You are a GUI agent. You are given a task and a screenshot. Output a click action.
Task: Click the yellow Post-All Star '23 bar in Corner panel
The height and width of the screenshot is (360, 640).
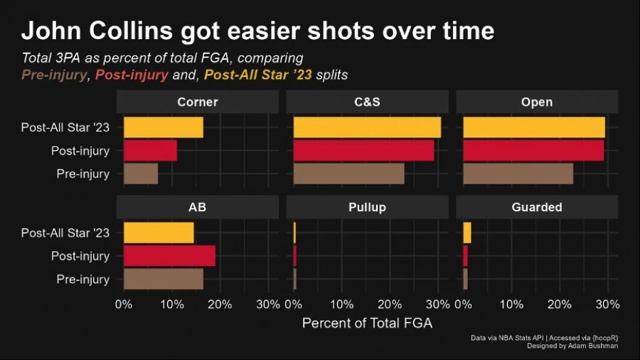coord(163,127)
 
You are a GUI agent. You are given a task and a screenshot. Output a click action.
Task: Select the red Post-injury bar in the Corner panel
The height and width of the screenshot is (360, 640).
coord(150,151)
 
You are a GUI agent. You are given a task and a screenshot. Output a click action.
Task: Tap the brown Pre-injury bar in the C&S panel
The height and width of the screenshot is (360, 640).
coord(348,174)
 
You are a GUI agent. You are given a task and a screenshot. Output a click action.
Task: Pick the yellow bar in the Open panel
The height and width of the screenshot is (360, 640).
coord(534,127)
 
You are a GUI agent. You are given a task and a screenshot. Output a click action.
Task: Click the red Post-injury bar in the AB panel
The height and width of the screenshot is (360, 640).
coord(169,256)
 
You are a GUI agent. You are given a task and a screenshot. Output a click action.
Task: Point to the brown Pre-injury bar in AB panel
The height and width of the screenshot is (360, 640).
coord(163,279)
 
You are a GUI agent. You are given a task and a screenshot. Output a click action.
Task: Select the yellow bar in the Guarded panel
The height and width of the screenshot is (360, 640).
coord(467,233)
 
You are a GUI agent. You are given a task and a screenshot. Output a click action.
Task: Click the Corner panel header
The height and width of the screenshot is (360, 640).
coord(198,102)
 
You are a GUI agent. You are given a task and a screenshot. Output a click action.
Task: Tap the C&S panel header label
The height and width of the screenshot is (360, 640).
coord(367,102)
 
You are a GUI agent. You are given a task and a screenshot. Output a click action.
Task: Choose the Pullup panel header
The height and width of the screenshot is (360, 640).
coord(367,207)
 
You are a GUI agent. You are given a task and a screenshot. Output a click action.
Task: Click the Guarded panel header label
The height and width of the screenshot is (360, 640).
coord(537,207)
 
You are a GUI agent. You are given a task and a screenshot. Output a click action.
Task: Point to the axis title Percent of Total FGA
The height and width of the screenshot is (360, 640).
coord(367,323)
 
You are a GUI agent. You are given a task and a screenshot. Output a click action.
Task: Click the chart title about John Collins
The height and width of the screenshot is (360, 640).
coord(257,31)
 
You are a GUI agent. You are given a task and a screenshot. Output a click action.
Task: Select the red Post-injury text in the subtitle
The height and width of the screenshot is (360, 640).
coord(132,75)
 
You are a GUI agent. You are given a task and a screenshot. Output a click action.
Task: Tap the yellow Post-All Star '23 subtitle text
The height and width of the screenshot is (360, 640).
coord(258,75)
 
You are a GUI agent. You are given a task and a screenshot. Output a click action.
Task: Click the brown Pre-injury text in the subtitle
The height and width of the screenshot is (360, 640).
coord(54,75)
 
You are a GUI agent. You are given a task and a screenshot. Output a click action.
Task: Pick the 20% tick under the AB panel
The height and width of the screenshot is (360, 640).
coord(220,304)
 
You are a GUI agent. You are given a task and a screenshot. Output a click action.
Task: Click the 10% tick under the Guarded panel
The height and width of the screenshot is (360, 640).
coord(511,304)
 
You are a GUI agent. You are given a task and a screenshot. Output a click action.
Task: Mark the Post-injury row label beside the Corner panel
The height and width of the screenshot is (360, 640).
coord(80,151)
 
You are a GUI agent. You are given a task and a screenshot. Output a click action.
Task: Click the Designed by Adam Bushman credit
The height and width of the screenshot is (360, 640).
coord(571,345)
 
